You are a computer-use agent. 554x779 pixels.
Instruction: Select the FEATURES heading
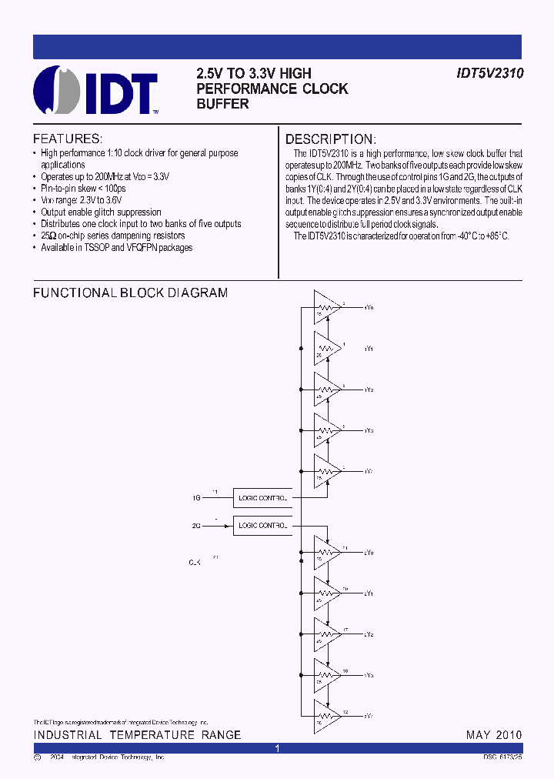68,139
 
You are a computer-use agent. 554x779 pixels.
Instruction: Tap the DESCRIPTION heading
330,139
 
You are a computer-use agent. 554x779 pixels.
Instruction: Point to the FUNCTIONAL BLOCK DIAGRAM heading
130,293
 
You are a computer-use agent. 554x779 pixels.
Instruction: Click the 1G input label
196,498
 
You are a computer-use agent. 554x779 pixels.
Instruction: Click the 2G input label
196,527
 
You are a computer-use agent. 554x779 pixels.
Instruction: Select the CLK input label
195,563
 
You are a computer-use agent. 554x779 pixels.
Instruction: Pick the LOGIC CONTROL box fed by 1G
263,498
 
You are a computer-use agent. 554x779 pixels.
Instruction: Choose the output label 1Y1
369,349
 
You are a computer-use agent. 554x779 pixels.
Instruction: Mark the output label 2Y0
369,553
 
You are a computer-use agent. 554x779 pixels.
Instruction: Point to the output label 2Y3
369,675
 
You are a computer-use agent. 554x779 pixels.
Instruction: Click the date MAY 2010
493,735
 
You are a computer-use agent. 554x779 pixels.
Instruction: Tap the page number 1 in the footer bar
278,748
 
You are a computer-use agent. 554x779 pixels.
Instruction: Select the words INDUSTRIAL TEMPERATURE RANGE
137,735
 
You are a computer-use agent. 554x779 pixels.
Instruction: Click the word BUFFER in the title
222,103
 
